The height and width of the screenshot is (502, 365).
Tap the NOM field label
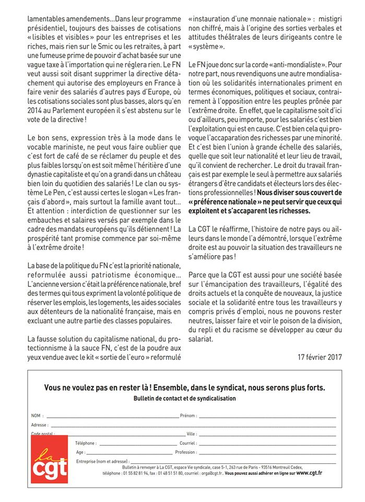pos(36,416)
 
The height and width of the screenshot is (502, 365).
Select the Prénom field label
pos(188,416)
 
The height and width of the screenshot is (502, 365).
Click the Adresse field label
pos(40,425)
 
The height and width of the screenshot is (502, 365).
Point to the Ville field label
pos(191,434)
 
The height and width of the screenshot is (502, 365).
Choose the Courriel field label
pos(187,443)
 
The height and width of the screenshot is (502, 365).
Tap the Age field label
pos(80,452)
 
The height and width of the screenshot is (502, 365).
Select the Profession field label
pos(186,452)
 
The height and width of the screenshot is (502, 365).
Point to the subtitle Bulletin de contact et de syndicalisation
pos(184,398)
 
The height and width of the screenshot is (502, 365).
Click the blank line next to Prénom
pos(266,417)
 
